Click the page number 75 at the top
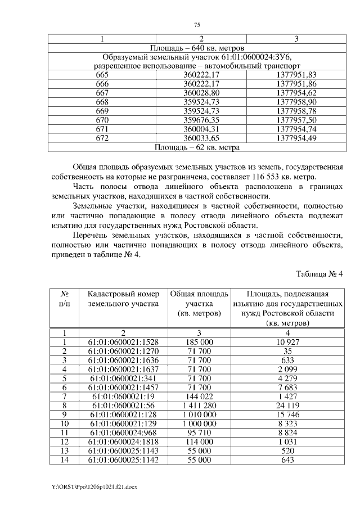pyautogui.click(x=197, y=25)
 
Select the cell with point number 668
pyautogui.click(x=102, y=101)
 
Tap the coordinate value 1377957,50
pyautogui.click(x=297, y=120)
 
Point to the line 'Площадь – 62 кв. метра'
pyautogui.click(x=197, y=148)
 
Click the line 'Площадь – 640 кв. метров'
pyautogui.click(x=197, y=48)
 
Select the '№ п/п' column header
pyautogui.click(x=65, y=299)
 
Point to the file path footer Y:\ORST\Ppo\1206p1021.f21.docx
pyautogui.click(x=93, y=485)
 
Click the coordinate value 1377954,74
pyautogui.click(x=297, y=129)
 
